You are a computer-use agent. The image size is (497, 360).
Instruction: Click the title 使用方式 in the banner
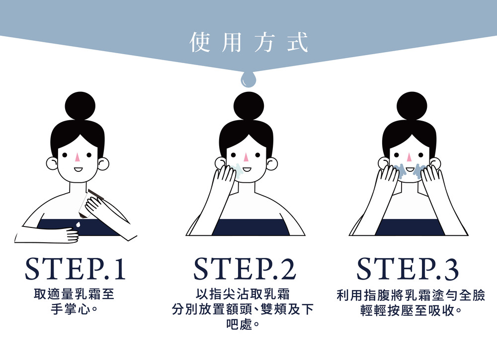point(249,42)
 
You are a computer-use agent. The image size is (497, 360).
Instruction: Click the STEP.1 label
point(76,269)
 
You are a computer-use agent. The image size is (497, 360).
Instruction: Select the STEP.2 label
point(245,269)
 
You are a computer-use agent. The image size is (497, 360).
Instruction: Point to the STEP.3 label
point(408,269)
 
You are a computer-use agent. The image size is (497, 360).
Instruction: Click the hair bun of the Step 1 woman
point(80,106)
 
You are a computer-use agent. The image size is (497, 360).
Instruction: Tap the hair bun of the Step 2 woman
point(248,106)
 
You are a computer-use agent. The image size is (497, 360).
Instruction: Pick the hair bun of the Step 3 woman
point(412,106)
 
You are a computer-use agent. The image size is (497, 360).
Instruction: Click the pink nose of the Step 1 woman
point(78,157)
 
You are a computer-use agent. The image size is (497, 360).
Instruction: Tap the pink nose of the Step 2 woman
point(247,157)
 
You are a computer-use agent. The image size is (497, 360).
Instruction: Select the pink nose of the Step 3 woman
point(410,157)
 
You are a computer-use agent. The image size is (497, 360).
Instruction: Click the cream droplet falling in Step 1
point(78,224)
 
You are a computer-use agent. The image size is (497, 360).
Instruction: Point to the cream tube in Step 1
point(90,203)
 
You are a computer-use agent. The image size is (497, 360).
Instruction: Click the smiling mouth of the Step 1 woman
point(78,170)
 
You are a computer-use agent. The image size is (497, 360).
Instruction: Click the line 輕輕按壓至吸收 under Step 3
point(408,310)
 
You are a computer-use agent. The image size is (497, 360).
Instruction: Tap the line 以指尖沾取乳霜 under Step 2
point(243,294)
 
